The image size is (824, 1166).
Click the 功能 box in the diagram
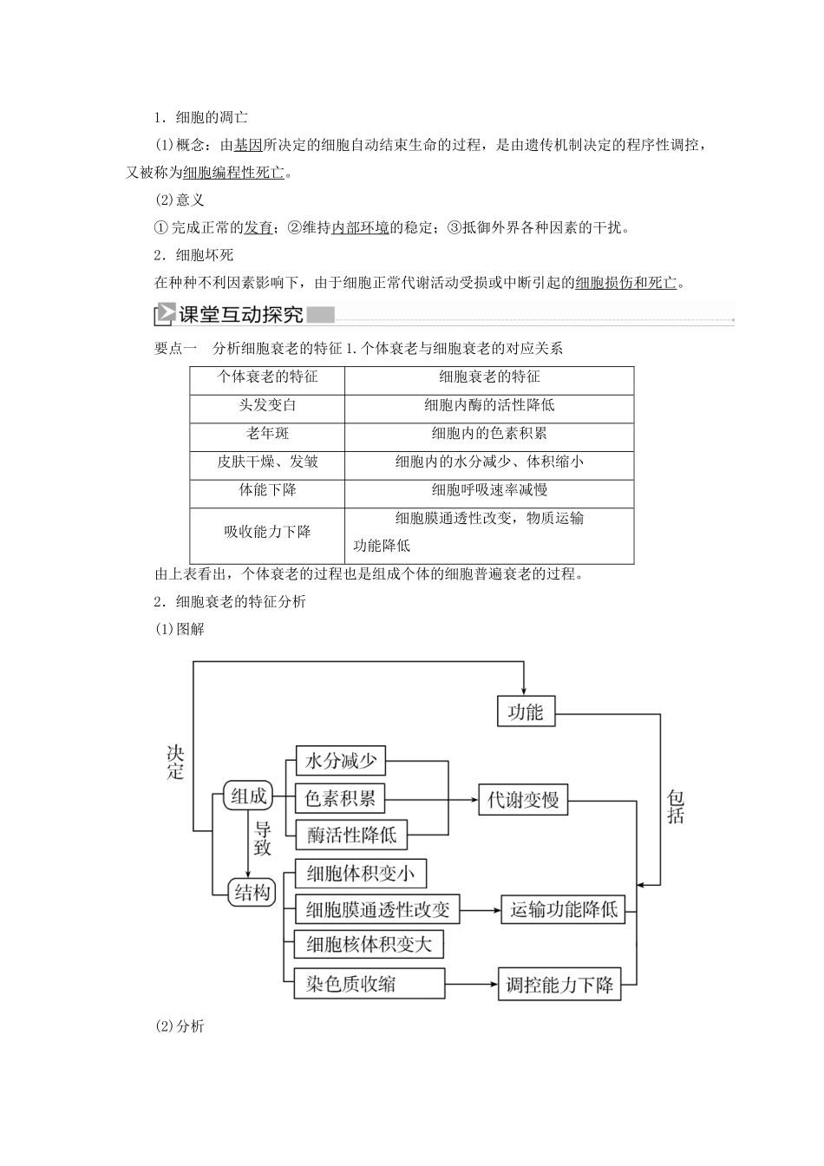pyautogui.click(x=525, y=712)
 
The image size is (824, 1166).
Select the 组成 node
pyautogui.click(x=248, y=796)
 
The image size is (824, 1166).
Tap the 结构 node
pyautogui.click(x=252, y=893)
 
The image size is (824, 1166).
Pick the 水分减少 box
pyautogui.click(x=341, y=762)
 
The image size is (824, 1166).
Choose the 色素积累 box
pyautogui.click(x=341, y=798)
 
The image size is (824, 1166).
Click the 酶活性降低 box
pyautogui.click(x=351, y=835)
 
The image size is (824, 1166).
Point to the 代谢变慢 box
pyautogui.click(x=523, y=799)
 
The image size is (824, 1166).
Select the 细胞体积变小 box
pyautogui.click(x=361, y=873)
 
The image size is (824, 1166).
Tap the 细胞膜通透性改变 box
pyautogui.click(x=377, y=909)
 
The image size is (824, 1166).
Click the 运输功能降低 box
pyautogui.click(x=563, y=909)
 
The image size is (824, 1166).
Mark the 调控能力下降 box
pyautogui.click(x=559, y=985)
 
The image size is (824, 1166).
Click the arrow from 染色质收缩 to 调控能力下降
pyautogui.click(x=471, y=984)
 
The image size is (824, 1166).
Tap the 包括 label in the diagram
pyautogui.click(x=676, y=806)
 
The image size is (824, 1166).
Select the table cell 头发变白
pyautogui.click(x=267, y=405)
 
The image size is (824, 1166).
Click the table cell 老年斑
pyautogui.click(x=267, y=434)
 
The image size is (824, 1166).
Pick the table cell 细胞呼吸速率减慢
pyautogui.click(x=489, y=490)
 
